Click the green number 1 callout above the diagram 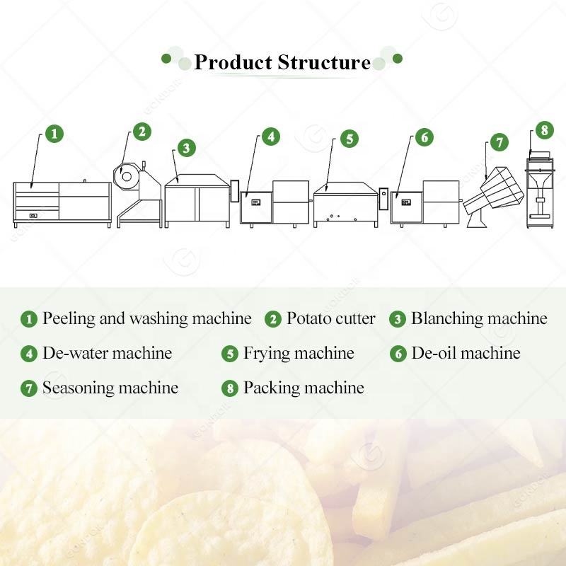tap(54, 134)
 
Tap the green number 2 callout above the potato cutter tap(142, 132)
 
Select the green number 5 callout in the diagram tap(350, 139)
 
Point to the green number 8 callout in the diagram tap(545, 130)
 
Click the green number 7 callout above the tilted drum tap(499, 142)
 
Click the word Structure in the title tap(324, 62)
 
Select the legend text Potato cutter tap(330, 318)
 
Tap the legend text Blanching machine tap(480, 318)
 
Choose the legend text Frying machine tap(299, 353)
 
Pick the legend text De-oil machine tap(466, 353)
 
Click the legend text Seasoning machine tap(110, 388)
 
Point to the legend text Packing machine tap(304, 388)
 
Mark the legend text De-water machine tap(108, 353)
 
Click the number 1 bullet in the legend tap(29, 319)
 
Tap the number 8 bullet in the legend tap(230, 388)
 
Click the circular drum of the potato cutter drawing tap(126, 176)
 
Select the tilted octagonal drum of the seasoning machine tap(493, 192)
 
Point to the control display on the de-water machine tap(256, 202)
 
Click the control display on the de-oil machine tap(406, 202)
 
